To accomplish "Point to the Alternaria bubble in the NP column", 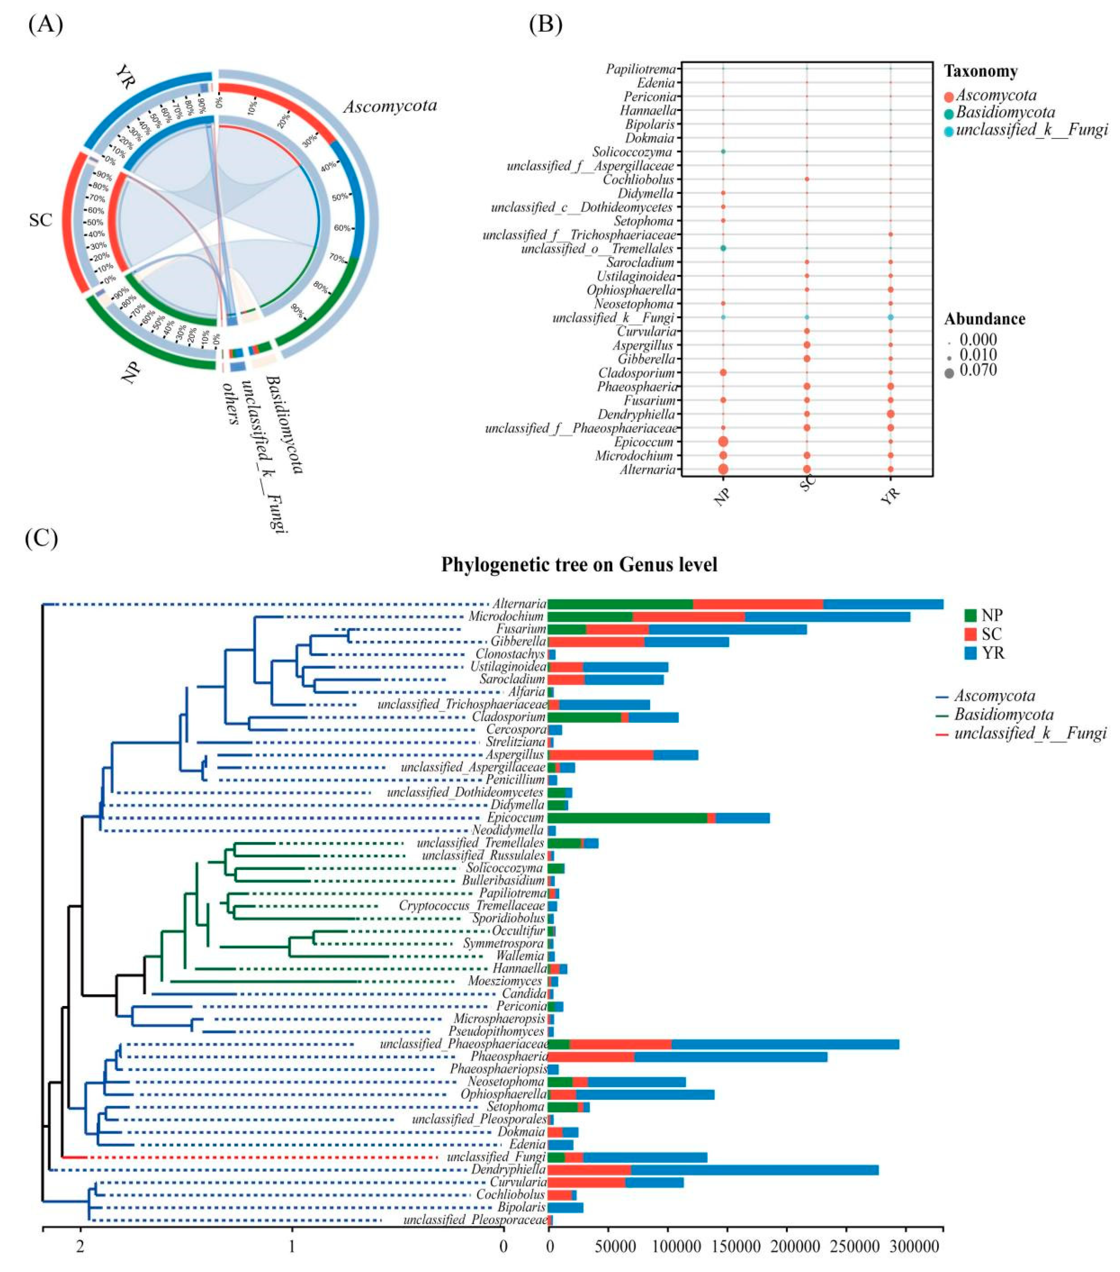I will tap(723, 469).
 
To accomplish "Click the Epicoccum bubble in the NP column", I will tap(723, 442).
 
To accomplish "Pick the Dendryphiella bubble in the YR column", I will tap(891, 414).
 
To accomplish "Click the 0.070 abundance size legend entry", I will tap(978, 371).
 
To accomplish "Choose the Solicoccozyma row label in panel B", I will tap(632, 152).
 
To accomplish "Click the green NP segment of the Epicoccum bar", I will tap(627, 818).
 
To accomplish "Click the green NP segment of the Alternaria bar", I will tap(620, 604).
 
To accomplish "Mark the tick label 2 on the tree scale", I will tap(80, 1247).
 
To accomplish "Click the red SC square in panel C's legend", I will tap(971, 634).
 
